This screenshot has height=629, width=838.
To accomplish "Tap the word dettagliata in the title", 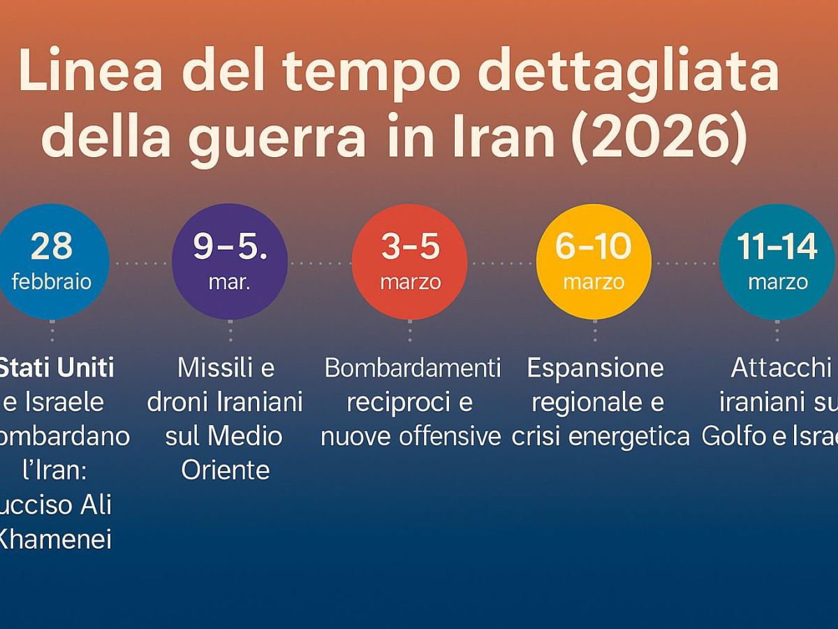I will pos(631,71).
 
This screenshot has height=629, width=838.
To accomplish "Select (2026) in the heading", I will pos(659,136).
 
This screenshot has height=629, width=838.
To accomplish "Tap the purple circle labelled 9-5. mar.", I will pos(230,262).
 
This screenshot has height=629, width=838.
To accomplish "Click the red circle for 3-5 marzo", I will pos(410,262).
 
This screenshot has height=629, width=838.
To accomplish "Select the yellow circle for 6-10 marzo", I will pos(594,262).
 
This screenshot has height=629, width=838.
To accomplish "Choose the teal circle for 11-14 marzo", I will pos(777,262).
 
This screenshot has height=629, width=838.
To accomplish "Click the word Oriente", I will pos(225,470).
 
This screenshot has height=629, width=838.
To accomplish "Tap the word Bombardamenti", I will pos(413,368).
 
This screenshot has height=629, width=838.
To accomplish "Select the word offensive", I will pos(450,436).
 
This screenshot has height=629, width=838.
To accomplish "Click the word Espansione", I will pos(595,368).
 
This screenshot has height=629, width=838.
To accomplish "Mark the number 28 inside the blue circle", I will pos(52,246).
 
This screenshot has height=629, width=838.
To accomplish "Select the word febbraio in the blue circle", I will pos(52,282).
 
